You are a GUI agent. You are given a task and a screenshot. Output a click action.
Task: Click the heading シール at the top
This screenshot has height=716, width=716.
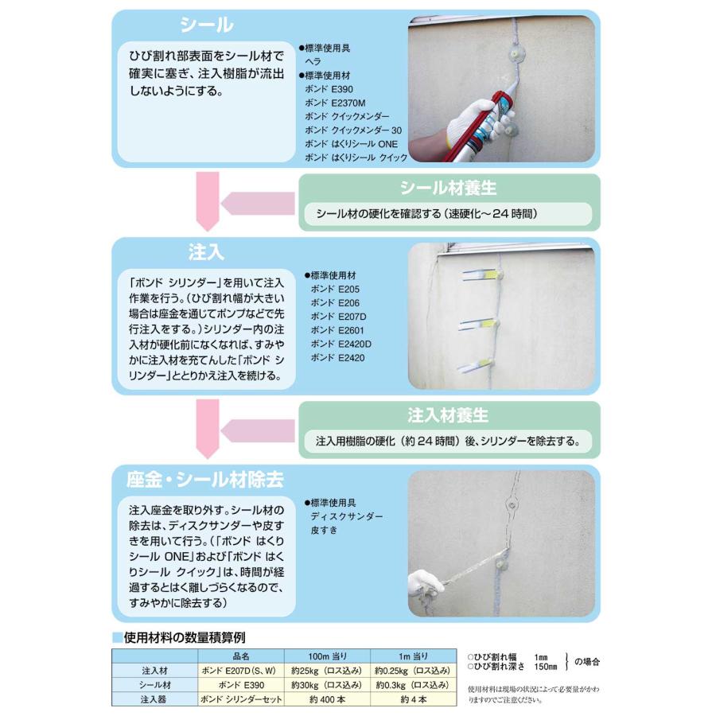pos(206,25)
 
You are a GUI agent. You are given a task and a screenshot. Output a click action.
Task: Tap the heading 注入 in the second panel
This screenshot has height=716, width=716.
pos(206,252)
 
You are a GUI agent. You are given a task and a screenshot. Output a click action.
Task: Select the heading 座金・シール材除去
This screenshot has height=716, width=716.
pos(204,481)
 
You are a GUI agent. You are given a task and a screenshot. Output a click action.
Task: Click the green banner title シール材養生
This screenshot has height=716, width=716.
pos(448,189)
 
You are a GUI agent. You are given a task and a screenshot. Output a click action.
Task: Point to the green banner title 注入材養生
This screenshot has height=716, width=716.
pos(448,416)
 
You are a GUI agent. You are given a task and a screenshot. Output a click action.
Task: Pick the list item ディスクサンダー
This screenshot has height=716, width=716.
pos(347,516)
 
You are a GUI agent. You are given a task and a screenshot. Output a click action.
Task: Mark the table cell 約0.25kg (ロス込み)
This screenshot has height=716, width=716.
pos(413,671)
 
